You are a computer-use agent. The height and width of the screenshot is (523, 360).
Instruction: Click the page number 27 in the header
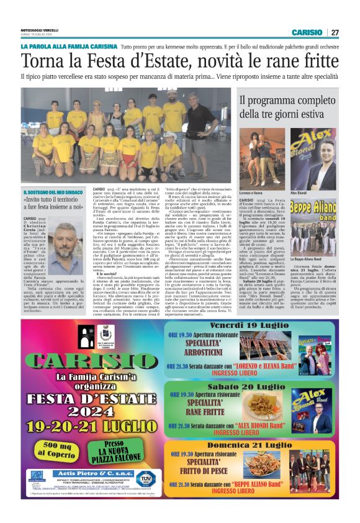point(335,32)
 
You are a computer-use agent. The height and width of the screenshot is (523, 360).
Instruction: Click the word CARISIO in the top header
point(307,32)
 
